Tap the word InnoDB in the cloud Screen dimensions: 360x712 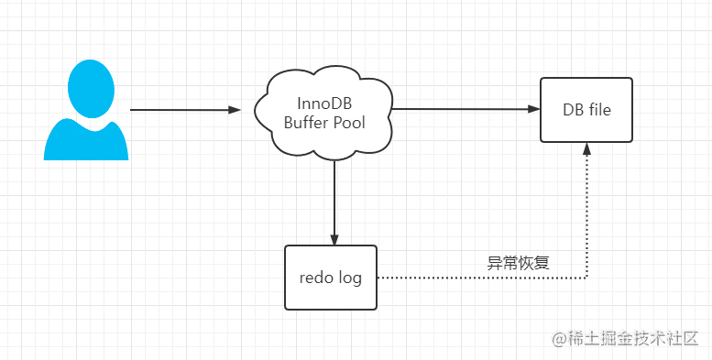tap(323, 102)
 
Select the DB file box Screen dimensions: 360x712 tap(586, 110)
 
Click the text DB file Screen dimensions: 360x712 tap(586, 110)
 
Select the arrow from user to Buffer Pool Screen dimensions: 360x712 tap(183, 110)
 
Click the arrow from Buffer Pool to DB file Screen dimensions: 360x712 tap(463, 109)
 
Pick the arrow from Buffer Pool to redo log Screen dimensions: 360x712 tap(334, 197)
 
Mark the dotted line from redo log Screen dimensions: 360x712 tap(476, 276)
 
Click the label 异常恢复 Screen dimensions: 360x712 tap(518, 262)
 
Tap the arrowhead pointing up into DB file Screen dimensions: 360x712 tap(586, 149)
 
